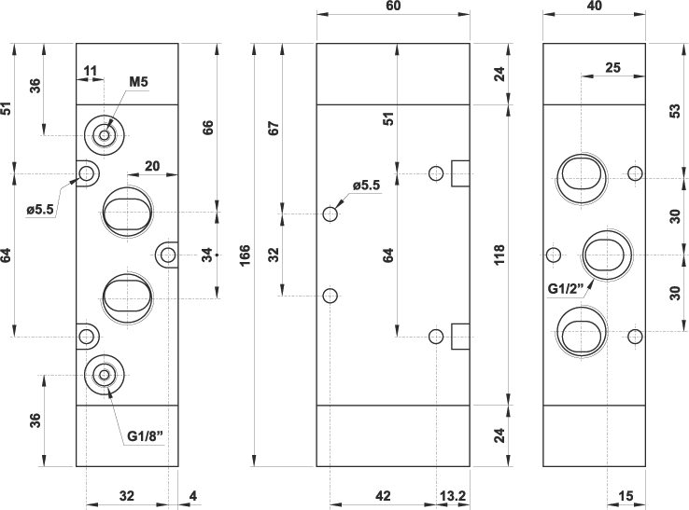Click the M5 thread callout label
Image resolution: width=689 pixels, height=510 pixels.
[138, 82]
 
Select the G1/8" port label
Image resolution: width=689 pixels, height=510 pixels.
[145, 435]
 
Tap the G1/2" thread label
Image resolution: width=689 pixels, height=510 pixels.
[566, 289]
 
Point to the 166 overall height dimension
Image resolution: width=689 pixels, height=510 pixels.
[245, 255]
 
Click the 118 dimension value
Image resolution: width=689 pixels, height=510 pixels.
[499, 255]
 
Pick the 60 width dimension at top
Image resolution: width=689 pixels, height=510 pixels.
[393, 6]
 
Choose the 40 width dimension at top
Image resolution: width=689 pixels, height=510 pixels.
[594, 6]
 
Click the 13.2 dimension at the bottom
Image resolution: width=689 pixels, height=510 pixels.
[453, 496]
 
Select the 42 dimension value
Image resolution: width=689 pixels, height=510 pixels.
[383, 496]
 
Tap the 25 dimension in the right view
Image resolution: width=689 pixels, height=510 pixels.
[613, 67]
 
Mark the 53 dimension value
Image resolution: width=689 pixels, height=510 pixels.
[675, 111]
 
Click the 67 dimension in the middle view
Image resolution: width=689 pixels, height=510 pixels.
[274, 128]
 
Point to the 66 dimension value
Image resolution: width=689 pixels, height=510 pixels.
[207, 128]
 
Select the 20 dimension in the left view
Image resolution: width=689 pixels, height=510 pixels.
[152, 166]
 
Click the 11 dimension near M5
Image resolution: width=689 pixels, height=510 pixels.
[90, 71]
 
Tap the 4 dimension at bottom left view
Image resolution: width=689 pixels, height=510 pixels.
[193, 496]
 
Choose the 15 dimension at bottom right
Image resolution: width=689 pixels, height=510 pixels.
[626, 496]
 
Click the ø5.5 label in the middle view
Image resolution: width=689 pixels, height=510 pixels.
[366, 186]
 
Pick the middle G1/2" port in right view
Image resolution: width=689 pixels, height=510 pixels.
[607, 255]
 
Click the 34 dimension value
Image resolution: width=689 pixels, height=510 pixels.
[207, 255]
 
